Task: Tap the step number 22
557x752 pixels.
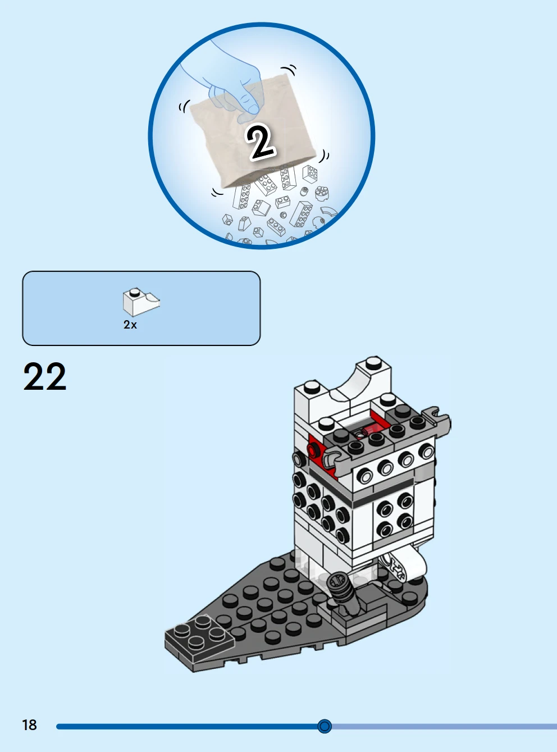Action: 45,376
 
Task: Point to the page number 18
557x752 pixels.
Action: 30,725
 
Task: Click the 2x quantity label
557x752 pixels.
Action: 130,325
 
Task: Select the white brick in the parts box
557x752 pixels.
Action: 141,302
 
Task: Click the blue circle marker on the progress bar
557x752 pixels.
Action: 325,726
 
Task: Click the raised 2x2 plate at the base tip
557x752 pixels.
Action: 199,637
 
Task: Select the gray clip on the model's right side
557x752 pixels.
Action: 437,421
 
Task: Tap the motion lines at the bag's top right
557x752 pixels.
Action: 289,70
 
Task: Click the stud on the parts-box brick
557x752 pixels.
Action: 135,291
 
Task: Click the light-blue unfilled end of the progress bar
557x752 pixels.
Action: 444,726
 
